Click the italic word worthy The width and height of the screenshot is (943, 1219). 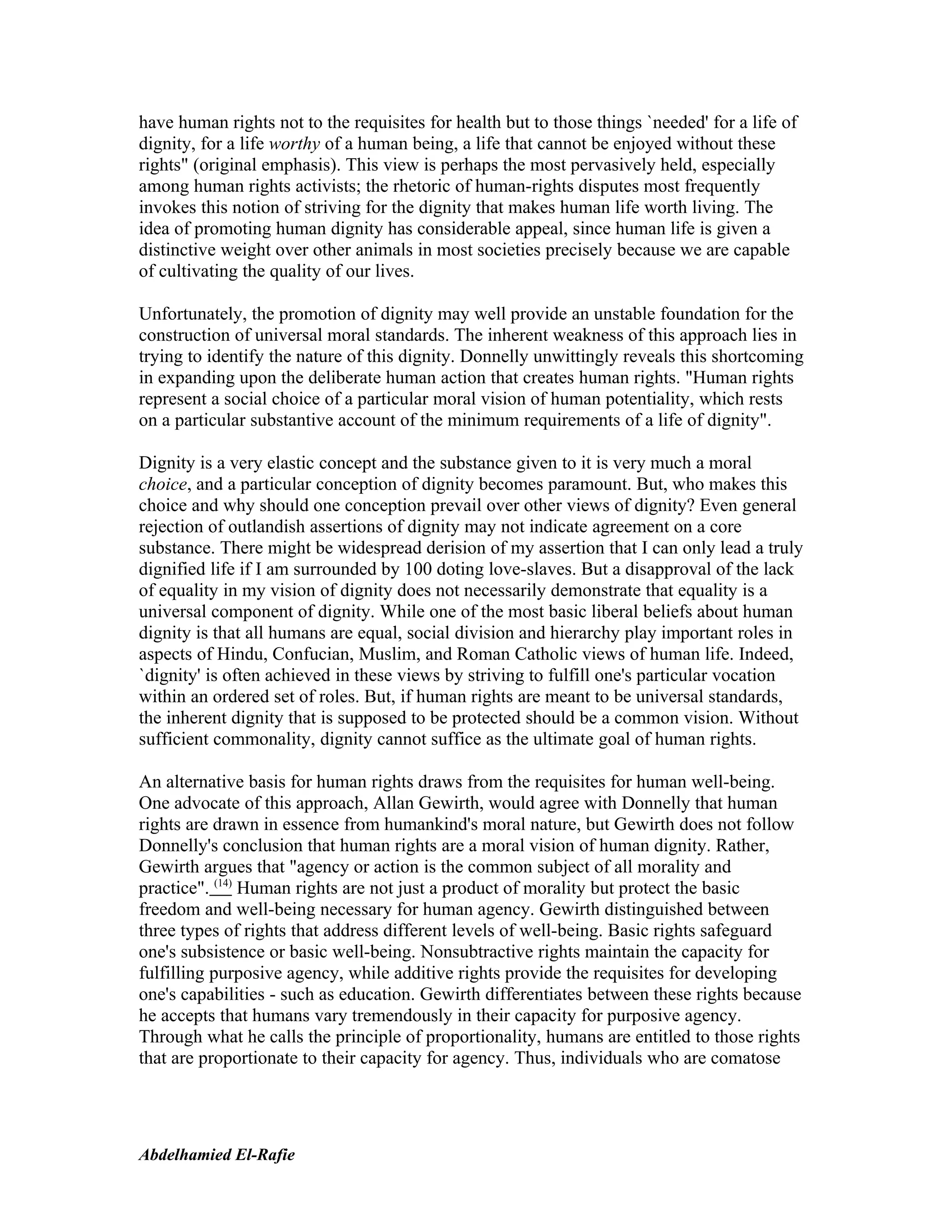click(294, 144)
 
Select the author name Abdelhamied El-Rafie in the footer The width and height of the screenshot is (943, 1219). click(216, 1154)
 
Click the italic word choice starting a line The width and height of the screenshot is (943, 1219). click(162, 484)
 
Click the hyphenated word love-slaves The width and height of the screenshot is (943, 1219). click(533, 569)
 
